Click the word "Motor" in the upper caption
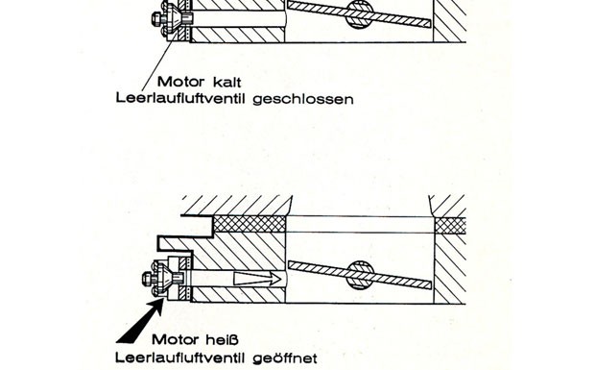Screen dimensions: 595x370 click(x=180, y=82)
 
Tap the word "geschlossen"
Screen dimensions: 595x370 click(x=302, y=99)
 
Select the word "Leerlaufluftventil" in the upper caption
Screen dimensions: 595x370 click(x=181, y=98)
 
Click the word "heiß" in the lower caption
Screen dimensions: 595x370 click(x=223, y=339)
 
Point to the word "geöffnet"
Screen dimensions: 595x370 click(x=284, y=358)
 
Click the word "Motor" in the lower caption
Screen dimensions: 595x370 click(x=176, y=339)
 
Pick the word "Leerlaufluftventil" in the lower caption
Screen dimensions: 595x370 click(x=181, y=358)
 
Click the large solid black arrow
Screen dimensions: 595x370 click(x=141, y=321)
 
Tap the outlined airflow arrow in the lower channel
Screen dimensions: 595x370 click(x=257, y=279)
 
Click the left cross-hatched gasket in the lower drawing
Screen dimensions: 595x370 click(x=250, y=224)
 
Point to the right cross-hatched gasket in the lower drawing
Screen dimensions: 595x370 click(x=450, y=226)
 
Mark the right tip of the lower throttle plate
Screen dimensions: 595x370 click(x=432, y=284)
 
